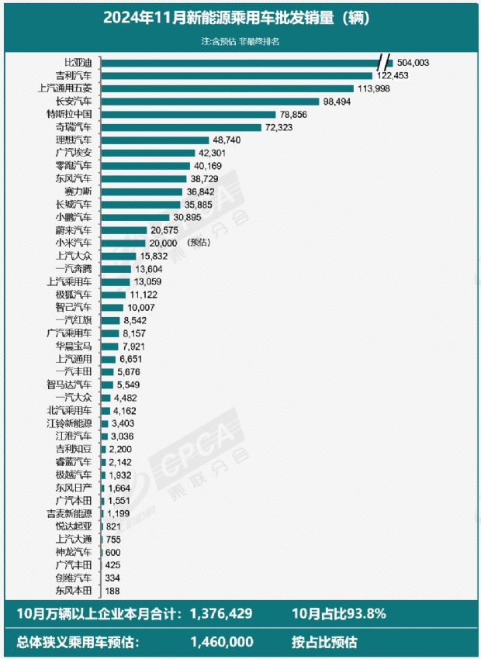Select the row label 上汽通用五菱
[65, 88]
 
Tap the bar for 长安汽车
[210, 101]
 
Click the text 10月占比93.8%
[341, 614]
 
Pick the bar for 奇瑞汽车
[182, 126]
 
